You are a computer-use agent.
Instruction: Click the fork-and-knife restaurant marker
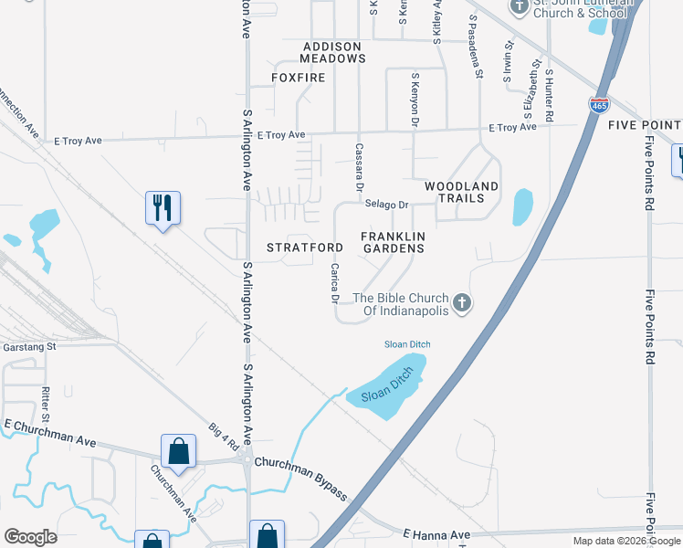163,208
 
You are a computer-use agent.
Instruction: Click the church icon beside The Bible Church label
463,303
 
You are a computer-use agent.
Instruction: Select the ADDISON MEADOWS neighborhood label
320,52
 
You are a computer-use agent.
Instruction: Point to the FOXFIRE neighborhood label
299,79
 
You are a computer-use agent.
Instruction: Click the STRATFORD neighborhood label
305,248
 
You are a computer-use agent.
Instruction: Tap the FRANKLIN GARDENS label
394,242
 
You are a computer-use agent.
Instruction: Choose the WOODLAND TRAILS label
461,192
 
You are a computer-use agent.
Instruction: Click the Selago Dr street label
385,205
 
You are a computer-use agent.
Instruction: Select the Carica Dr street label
335,283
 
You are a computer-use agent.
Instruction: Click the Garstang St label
28,347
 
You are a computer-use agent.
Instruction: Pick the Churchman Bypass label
300,478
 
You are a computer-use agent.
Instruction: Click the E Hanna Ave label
435,534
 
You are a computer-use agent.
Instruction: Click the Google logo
30,537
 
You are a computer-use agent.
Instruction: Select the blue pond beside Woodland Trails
522,206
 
